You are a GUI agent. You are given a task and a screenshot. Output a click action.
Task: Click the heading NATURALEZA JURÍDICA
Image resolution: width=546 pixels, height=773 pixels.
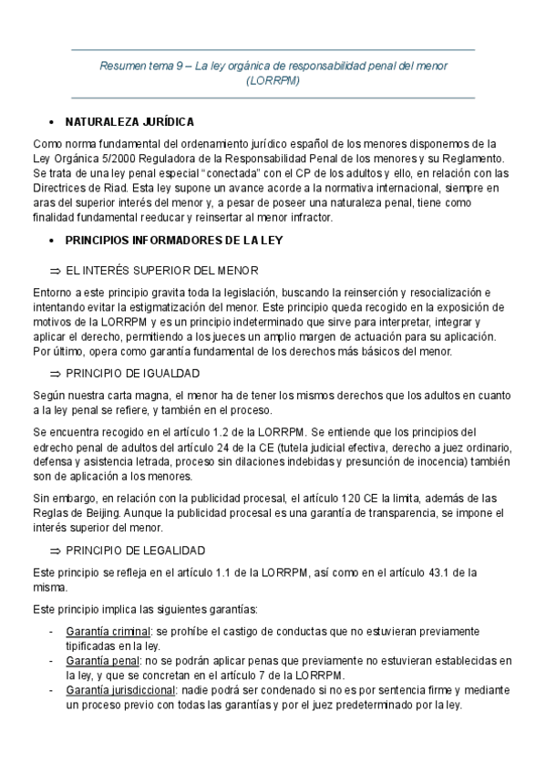tap(129, 121)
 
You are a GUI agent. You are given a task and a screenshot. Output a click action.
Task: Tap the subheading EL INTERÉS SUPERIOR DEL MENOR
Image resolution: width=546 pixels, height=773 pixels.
tap(162, 271)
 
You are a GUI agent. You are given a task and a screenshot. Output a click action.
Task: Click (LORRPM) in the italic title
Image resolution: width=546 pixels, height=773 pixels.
tap(273, 80)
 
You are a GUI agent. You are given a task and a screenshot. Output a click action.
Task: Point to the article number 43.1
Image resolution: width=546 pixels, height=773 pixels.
tap(450, 572)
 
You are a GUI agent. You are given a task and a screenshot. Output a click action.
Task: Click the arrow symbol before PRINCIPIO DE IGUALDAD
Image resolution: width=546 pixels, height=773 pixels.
tap(55, 374)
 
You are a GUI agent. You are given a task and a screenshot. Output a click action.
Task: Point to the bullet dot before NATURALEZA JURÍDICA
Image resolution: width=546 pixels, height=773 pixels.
tap(46, 122)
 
